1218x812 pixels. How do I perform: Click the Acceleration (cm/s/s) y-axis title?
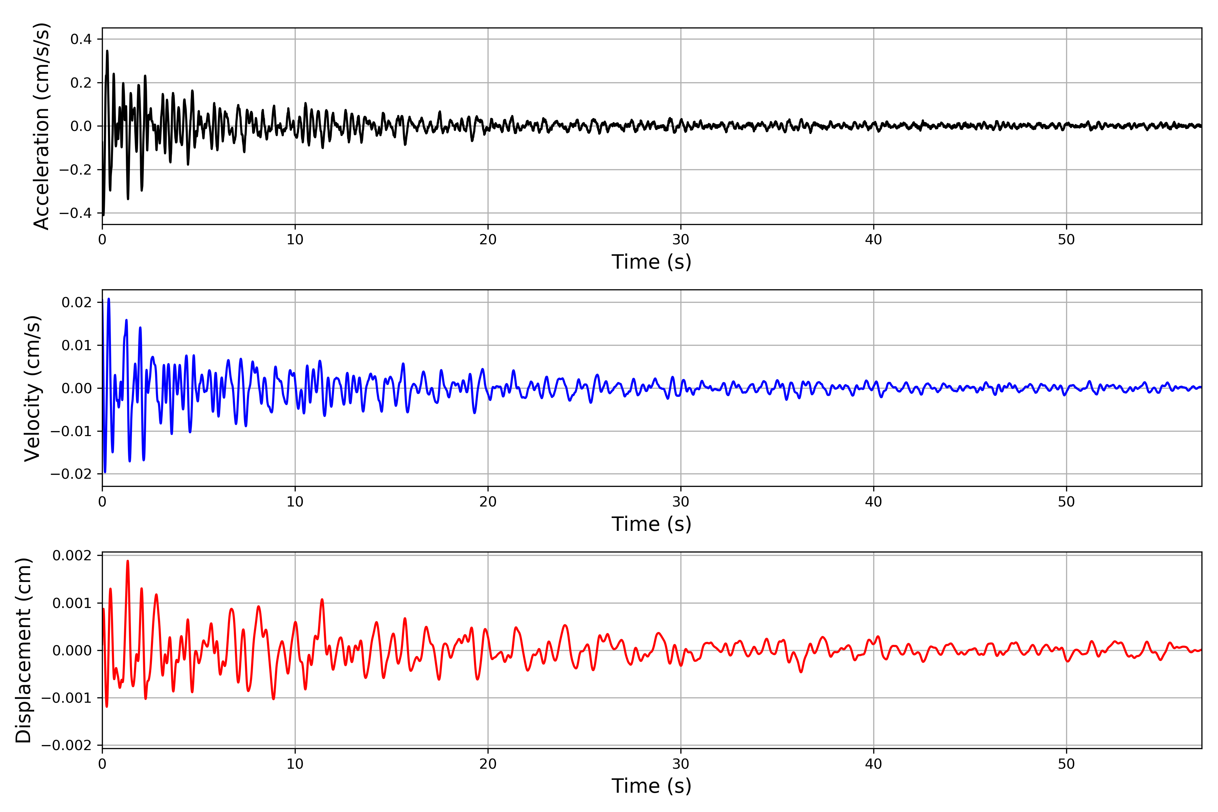[x=41, y=126]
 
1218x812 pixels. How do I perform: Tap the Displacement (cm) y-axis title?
[x=24, y=650]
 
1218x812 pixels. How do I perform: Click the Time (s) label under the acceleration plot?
[x=652, y=262]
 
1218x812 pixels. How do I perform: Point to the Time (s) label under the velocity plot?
[x=652, y=524]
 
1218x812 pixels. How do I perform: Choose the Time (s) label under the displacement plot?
[x=652, y=786]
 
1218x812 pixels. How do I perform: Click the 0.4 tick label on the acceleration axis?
[x=81, y=39]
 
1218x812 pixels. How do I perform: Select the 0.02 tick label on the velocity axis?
[x=77, y=302]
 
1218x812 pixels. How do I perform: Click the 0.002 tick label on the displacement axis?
[x=72, y=556]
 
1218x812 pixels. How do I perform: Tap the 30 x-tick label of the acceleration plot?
[x=680, y=240]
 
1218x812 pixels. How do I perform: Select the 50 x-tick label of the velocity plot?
[x=1066, y=502]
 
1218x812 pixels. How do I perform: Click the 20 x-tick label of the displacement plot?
[x=488, y=764]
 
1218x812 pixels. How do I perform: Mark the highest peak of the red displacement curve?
[x=128, y=561]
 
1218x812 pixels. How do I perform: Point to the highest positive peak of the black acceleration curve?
[x=107, y=51]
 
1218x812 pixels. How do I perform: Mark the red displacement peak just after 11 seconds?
[x=322, y=600]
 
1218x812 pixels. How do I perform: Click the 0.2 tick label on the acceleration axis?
[x=81, y=83]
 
